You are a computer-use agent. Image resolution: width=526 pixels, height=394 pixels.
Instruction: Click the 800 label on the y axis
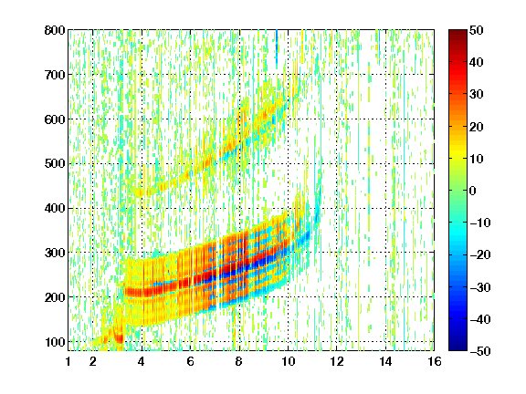(x=55, y=30)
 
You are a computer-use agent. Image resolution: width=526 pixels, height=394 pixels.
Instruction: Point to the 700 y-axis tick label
(x=55, y=75)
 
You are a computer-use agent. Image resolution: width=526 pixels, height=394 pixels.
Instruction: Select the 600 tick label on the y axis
(x=55, y=119)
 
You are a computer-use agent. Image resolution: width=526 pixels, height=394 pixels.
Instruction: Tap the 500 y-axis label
(x=55, y=164)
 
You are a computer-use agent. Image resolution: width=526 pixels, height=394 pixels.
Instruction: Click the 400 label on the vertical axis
(x=55, y=208)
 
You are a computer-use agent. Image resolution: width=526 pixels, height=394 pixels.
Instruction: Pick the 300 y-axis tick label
(x=55, y=253)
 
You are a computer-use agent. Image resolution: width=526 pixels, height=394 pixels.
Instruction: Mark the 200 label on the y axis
(x=55, y=297)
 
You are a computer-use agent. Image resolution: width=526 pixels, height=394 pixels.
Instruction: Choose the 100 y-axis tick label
(x=55, y=342)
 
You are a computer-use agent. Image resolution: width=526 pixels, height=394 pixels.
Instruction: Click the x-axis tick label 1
(x=68, y=361)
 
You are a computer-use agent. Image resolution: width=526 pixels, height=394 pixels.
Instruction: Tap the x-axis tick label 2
(x=93, y=361)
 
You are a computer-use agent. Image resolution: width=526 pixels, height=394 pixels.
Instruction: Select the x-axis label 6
(x=191, y=361)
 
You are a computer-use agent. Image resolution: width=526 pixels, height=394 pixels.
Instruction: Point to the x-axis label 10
(x=288, y=361)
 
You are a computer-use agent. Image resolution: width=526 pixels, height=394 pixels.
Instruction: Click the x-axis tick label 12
(x=337, y=361)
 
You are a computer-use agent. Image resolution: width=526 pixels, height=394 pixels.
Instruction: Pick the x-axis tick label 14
(x=385, y=361)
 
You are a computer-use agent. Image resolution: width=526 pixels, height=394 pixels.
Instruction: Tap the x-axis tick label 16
(x=435, y=361)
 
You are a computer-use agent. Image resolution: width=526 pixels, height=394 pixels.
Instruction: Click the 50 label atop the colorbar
(x=476, y=30)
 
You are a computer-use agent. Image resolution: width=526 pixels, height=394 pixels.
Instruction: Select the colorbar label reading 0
(x=473, y=191)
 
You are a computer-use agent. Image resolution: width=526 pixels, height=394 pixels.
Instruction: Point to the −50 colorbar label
(x=480, y=351)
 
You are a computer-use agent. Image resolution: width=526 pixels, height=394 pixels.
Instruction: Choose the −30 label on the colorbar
(x=480, y=287)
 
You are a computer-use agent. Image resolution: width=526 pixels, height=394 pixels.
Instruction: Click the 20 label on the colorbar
(x=476, y=127)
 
